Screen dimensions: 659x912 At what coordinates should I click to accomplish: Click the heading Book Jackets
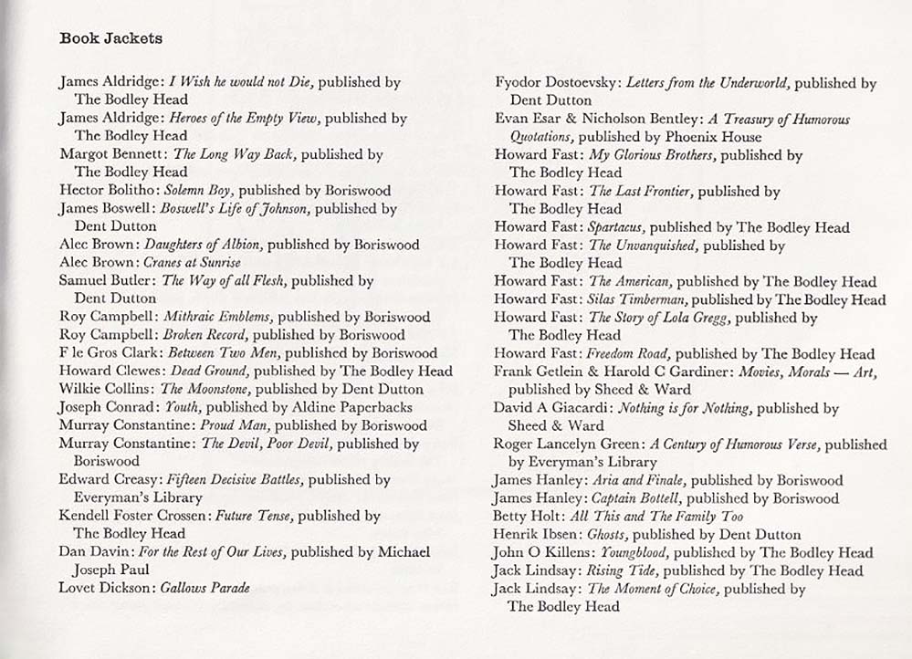(x=110, y=38)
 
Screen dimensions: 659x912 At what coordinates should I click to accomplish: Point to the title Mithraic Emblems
(x=216, y=317)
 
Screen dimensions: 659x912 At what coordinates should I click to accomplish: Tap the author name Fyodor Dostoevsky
(x=556, y=83)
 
